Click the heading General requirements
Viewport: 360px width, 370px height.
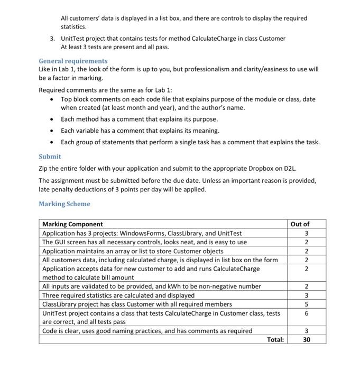(x=73, y=61)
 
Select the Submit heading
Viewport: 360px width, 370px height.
(x=50, y=156)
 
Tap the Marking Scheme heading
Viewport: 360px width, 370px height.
(x=64, y=203)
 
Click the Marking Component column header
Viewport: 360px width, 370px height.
(x=72, y=224)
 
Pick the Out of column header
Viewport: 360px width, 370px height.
(x=300, y=224)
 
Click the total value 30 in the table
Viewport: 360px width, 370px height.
(x=306, y=340)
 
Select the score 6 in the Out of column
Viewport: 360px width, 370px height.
(x=306, y=313)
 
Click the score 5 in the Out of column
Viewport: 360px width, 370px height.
(x=306, y=304)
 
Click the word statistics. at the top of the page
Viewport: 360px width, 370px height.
(x=73, y=26)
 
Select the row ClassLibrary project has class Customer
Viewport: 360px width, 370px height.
(x=137, y=304)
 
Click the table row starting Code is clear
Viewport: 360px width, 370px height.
(x=147, y=331)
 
